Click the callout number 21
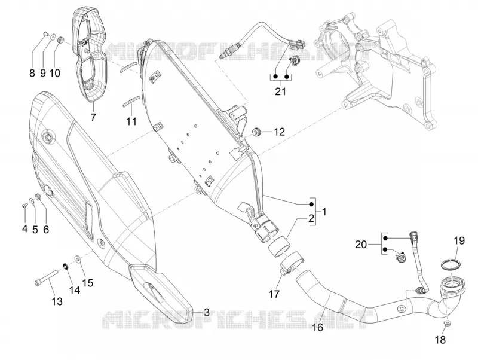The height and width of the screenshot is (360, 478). [280, 91]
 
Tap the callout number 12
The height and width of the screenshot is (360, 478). [279, 132]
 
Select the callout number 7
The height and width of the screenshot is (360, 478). [93, 117]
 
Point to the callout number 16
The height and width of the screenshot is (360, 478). [318, 327]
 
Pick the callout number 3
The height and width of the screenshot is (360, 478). [206, 312]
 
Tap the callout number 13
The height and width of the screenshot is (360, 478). [57, 301]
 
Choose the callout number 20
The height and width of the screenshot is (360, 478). [361, 245]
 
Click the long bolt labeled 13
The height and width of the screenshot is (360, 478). [47, 278]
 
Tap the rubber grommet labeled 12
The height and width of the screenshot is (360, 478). [256, 132]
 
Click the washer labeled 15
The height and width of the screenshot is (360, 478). [78, 260]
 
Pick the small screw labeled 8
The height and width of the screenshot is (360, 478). [45, 33]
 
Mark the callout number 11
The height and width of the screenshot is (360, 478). [131, 121]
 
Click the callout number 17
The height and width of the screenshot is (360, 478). [274, 294]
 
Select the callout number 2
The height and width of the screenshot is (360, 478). [311, 218]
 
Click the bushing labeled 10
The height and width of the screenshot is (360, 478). [60, 40]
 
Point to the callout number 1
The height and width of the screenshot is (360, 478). [324, 212]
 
